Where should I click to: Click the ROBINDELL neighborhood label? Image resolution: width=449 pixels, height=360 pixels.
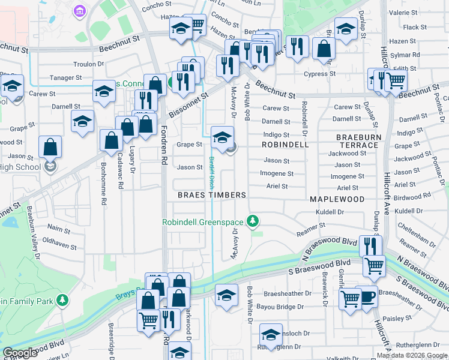pyautogui.click(x=285, y=145)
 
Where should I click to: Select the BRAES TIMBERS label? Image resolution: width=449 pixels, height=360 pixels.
pyautogui.click(x=212, y=196)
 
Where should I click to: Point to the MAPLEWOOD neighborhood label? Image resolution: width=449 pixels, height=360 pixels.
pyautogui.click(x=337, y=199)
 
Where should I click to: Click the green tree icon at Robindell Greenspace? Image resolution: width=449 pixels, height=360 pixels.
pyautogui.click(x=254, y=221)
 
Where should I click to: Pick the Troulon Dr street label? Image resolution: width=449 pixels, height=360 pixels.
pyautogui.click(x=89, y=64)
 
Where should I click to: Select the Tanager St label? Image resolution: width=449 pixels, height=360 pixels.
pyautogui.click(x=66, y=78)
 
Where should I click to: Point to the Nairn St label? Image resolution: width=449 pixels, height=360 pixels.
pyautogui.click(x=59, y=228)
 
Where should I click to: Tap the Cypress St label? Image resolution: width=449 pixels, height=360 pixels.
pyautogui.click(x=319, y=74)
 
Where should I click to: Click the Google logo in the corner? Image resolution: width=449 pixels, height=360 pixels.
pyautogui.click(x=20, y=353)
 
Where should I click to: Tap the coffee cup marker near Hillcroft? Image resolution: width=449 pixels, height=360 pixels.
pyautogui.click(x=367, y=296)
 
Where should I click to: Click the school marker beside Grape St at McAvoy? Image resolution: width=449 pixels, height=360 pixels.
pyautogui.click(x=222, y=137)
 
